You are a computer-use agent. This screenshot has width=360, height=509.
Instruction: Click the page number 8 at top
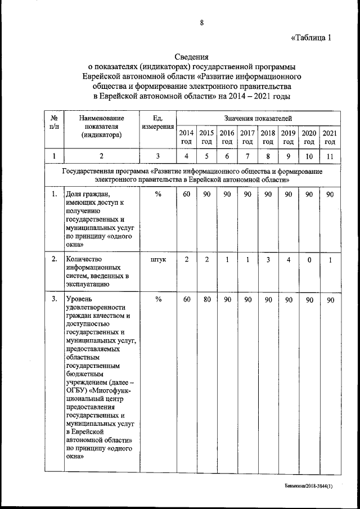201,22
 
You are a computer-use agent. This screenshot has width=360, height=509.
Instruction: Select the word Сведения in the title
191,57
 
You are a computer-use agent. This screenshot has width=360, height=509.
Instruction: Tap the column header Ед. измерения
157,123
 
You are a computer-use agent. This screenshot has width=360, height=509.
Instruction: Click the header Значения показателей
258,118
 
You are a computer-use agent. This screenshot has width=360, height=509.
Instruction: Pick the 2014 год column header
186,137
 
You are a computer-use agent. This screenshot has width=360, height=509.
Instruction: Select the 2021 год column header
330,137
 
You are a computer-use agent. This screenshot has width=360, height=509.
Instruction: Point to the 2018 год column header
268,137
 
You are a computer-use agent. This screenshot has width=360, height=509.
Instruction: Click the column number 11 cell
330,156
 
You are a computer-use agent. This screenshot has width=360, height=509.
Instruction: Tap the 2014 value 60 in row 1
186,195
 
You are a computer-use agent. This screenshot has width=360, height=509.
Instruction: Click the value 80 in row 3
207,300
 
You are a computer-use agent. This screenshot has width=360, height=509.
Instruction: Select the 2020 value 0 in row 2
309,259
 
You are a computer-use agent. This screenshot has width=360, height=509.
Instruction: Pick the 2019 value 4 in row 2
288,259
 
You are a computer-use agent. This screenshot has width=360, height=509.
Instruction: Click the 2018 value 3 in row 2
268,259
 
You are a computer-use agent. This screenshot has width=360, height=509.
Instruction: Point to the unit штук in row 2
158,260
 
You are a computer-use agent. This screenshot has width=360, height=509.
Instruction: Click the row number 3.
54,300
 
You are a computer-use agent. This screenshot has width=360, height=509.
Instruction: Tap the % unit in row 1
158,195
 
